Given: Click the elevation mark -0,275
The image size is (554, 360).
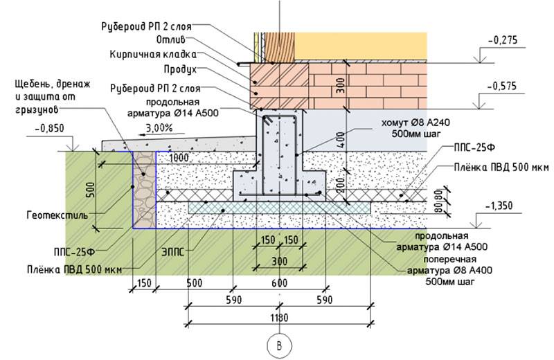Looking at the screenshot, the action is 503,40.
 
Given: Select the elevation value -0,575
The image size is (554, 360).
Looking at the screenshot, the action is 502,86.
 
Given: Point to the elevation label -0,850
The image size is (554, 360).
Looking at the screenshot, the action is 50,128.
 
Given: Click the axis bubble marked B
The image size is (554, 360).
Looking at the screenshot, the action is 280,345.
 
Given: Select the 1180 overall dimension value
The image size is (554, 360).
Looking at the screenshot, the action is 279,318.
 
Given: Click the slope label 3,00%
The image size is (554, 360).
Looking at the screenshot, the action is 160,127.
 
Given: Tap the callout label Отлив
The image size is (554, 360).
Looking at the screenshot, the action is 170,39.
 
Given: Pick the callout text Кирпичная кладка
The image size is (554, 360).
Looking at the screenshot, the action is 152,55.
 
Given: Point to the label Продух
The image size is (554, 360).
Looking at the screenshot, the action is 180,70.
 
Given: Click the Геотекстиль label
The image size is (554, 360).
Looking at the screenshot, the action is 57,215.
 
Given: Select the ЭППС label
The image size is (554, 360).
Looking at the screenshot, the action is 172,252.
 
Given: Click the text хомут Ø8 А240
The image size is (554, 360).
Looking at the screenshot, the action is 415,123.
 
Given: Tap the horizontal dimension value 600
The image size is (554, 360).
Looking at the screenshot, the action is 279,283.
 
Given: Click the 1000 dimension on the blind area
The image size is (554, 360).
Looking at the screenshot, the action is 179,158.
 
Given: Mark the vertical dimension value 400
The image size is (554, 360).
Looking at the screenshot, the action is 340,140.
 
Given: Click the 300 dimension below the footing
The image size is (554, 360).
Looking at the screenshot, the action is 280,262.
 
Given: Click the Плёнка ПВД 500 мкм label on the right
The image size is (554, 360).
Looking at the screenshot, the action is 501,167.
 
